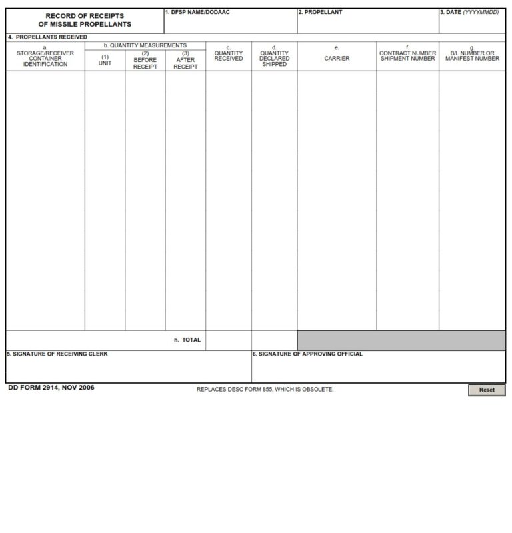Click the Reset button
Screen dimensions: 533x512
click(487, 390)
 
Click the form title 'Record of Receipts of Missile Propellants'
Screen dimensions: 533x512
click(85, 20)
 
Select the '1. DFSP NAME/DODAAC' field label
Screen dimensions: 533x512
click(197, 12)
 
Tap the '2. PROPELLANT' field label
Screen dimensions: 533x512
click(321, 12)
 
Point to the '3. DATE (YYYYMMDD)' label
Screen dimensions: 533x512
click(470, 12)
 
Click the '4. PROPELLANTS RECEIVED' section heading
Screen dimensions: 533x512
click(47, 37)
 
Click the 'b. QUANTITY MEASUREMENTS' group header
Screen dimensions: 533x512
click(145, 45)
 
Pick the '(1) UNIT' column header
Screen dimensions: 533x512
click(105, 60)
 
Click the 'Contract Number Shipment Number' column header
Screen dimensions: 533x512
click(407, 55)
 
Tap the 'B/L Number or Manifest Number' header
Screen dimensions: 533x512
click(472, 55)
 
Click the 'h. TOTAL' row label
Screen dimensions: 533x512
click(187, 340)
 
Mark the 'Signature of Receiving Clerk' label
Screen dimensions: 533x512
click(57, 354)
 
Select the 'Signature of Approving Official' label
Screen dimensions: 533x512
click(307, 354)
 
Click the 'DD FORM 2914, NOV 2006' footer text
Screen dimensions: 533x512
click(51, 388)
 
